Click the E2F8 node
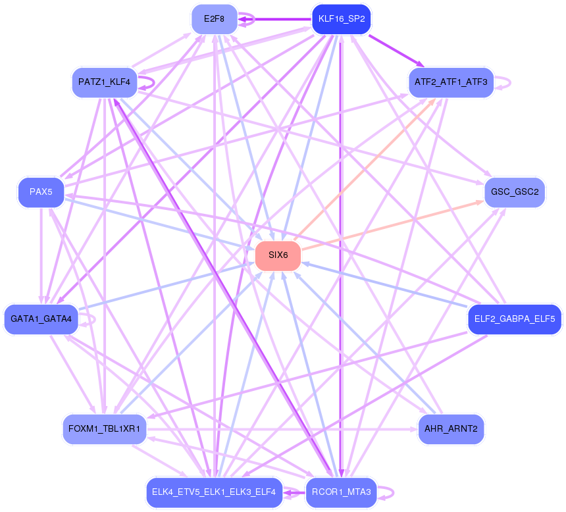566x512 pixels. tap(214, 19)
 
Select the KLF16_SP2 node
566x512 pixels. tap(341, 19)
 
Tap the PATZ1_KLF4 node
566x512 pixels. tap(104, 83)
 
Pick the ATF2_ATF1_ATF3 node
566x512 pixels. tap(451, 82)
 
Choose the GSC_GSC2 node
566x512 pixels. tap(515, 192)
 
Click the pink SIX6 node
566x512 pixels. tap(278, 255)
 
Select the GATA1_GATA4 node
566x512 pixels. tap(41, 319)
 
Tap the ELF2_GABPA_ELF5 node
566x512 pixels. tap(514, 319)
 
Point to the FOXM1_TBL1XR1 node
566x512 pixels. tap(105, 429)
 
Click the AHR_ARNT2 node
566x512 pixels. tap(451, 429)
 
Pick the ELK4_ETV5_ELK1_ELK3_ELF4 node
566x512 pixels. tap(214, 492)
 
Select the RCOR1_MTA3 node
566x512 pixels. tap(341, 492)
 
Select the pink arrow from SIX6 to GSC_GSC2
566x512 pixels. tap(395, 225)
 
